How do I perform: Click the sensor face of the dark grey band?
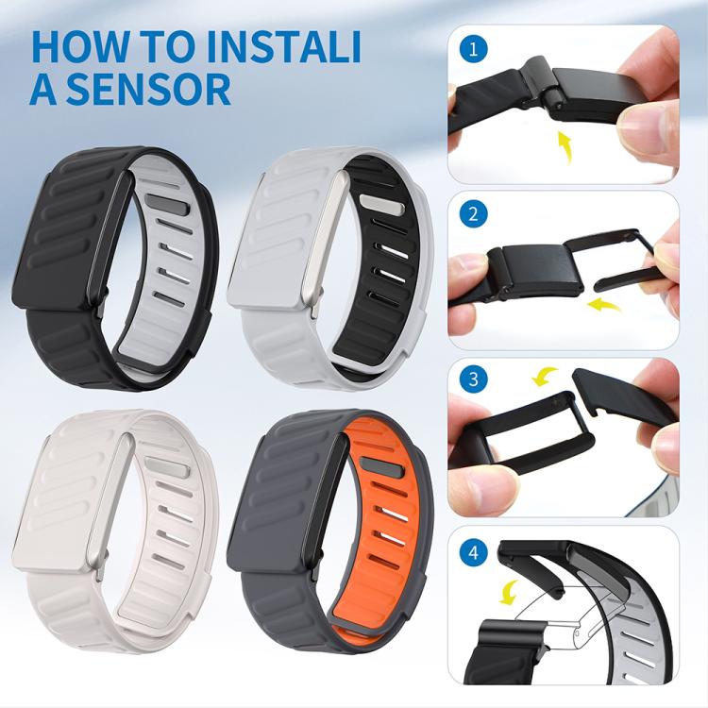(x=274, y=505)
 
